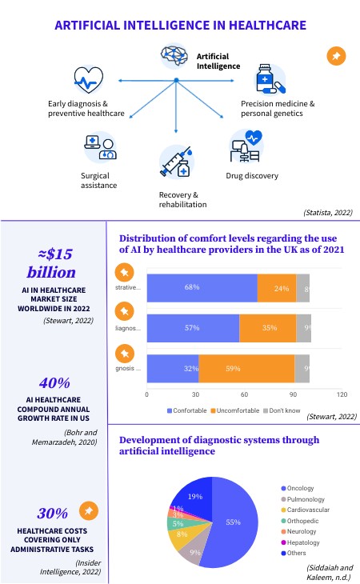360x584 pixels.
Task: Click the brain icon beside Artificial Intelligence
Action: click(175, 57)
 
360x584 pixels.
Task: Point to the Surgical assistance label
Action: click(100, 180)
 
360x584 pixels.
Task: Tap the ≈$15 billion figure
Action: click(53, 263)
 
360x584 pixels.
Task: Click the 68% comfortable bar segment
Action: click(202, 287)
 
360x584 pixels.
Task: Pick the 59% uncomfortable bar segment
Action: click(246, 369)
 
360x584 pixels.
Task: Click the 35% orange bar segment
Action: click(267, 328)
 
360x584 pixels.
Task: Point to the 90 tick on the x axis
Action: click(293, 394)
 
